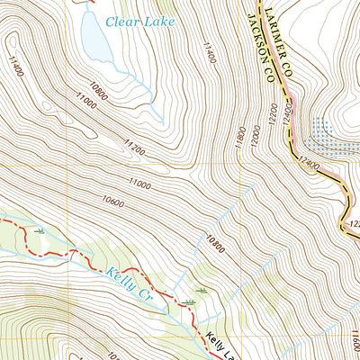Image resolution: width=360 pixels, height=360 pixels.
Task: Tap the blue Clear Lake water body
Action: (x=95, y=35)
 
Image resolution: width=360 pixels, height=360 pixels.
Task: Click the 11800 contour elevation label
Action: (x=240, y=139)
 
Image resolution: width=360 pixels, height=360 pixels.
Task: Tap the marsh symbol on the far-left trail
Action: (x=39, y=231)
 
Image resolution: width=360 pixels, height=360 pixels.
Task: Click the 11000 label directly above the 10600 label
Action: (x=139, y=184)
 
